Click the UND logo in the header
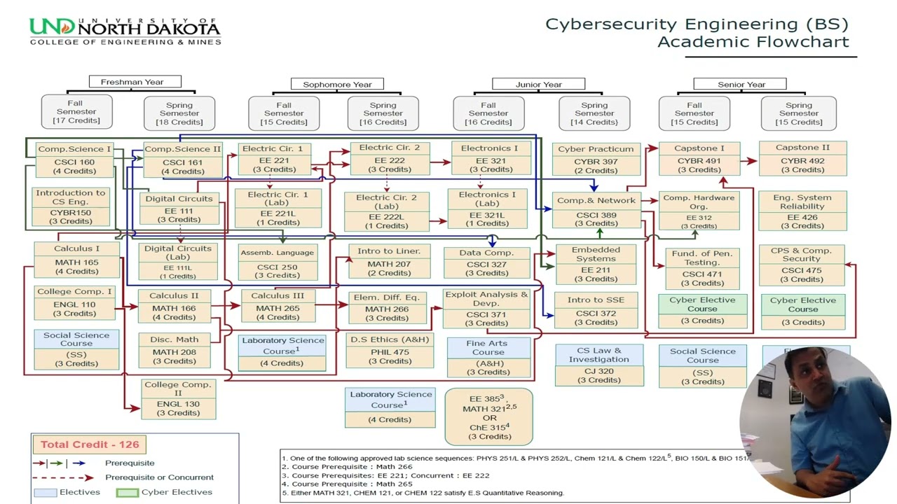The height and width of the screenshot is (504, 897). (125, 31)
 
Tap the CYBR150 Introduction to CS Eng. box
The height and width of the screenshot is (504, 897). (71, 206)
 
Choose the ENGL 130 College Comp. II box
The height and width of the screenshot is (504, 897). (178, 398)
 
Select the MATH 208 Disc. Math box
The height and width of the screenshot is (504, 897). (174, 350)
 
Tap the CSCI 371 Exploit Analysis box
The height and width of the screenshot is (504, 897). (486, 309)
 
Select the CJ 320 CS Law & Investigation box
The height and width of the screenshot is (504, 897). (598, 365)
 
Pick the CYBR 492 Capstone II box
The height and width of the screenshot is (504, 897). (802, 159)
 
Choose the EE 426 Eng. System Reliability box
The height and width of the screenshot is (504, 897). (802, 211)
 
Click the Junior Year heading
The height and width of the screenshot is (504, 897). (538, 85)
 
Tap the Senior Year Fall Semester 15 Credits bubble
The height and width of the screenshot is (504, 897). (694, 113)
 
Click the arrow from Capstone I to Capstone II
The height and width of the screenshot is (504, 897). (749, 161)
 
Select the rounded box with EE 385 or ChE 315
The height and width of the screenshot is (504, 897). (489, 417)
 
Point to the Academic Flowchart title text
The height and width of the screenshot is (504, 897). (753, 42)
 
